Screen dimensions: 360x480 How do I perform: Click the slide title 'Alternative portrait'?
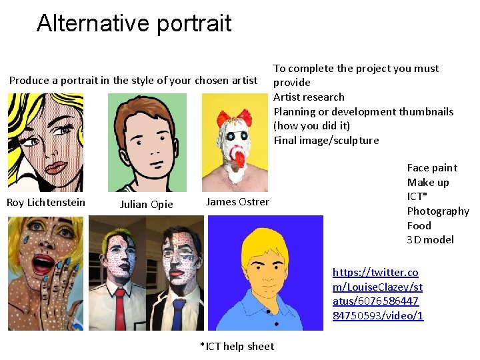point(134,23)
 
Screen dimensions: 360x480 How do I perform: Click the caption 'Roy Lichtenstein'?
point(46,202)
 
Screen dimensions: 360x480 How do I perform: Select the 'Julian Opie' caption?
point(146,205)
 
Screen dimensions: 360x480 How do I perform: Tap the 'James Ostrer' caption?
point(237,202)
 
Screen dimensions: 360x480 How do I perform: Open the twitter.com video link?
point(378,294)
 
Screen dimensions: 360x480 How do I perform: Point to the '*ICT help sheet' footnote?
point(237,346)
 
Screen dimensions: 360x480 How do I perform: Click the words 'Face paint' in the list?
point(432,168)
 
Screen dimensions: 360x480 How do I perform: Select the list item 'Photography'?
point(438,211)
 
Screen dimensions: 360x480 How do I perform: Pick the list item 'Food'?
point(419,225)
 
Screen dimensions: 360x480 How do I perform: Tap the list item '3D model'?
point(430,240)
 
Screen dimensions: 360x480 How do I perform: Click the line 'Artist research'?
point(309,97)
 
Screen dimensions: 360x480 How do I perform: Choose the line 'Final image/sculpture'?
point(326,140)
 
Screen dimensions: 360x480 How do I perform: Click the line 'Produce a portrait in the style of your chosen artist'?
point(133,81)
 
